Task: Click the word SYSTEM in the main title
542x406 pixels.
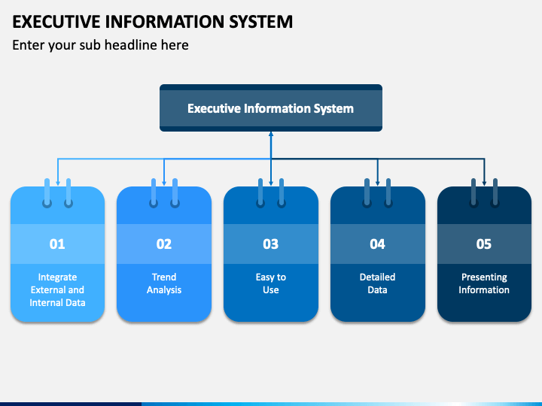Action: (261, 21)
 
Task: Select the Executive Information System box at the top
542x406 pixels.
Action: (271, 108)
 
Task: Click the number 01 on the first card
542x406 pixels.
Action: (57, 244)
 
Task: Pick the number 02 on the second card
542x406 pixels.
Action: (164, 244)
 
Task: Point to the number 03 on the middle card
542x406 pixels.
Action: (271, 244)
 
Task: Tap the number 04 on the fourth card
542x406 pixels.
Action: (377, 244)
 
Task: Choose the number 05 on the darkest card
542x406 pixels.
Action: (484, 244)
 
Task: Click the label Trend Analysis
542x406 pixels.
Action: (164, 283)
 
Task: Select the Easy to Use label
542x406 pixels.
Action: (271, 283)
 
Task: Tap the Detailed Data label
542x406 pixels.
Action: (377, 283)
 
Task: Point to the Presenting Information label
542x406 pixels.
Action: (484, 283)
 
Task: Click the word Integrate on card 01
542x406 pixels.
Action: (57, 277)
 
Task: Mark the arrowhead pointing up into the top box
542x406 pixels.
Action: (271, 134)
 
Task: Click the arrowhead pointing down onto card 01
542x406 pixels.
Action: (58, 183)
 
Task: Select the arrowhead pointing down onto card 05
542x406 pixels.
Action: (484, 183)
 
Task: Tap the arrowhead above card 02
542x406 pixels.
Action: (164, 183)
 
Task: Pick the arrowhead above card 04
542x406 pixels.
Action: (377, 183)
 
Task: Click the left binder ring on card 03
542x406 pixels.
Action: (260, 193)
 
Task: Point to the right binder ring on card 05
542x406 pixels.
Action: (495, 193)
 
